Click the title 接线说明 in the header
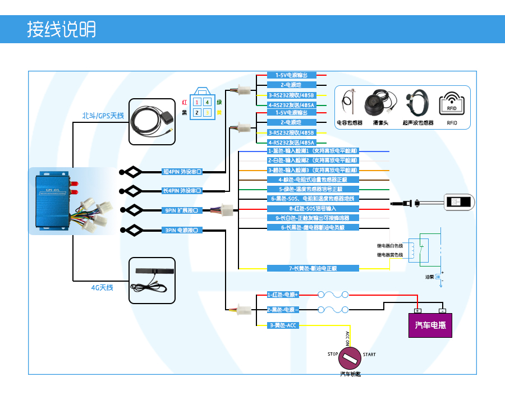point(62,29)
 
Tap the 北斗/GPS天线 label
point(103,116)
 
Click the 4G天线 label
point(102,287)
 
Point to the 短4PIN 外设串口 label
point(181,171)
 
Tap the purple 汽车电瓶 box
point(430,325)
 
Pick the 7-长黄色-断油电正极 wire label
point(313,268)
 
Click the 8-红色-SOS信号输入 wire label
point(313,208)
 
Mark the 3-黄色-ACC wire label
point(283,325)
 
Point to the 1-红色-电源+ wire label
point(283,295)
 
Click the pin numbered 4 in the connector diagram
point(208,102)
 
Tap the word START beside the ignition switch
point(369,355)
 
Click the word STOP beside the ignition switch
point(333,355)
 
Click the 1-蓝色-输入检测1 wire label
point(313,151)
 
